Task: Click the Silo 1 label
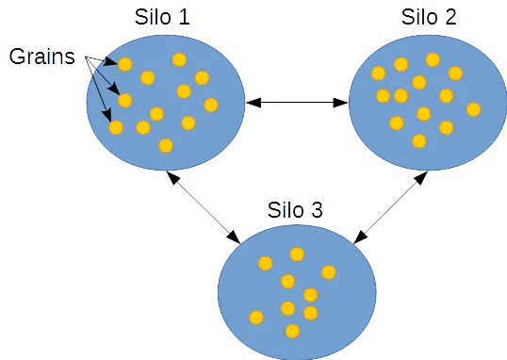pos(163,18)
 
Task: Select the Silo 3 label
pos(296,209)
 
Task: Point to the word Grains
pos(42,57)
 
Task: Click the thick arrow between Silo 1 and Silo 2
pos(297,103)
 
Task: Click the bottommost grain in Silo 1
pos(166,145)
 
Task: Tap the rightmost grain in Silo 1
pos(211,105)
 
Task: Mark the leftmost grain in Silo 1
pos(116,127)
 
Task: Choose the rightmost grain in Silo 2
pos(473,109)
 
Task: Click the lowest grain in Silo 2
pos(419,140)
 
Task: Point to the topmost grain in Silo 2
pos(433,59)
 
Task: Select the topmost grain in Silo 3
pos(297,254)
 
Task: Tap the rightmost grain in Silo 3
pos(328,272)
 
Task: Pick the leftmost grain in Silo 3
pos(255,318)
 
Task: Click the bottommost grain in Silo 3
pos(292,331)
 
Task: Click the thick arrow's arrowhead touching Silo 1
pos(253,103)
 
